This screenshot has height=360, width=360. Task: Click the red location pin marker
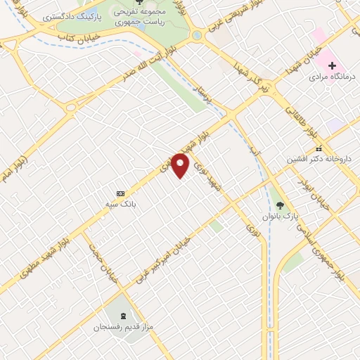coord(181,165)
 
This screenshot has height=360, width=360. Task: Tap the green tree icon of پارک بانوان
coord(281,205)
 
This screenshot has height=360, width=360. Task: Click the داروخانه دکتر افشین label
coord(319,160)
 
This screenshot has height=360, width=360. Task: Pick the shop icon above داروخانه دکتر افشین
coord(319,148)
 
